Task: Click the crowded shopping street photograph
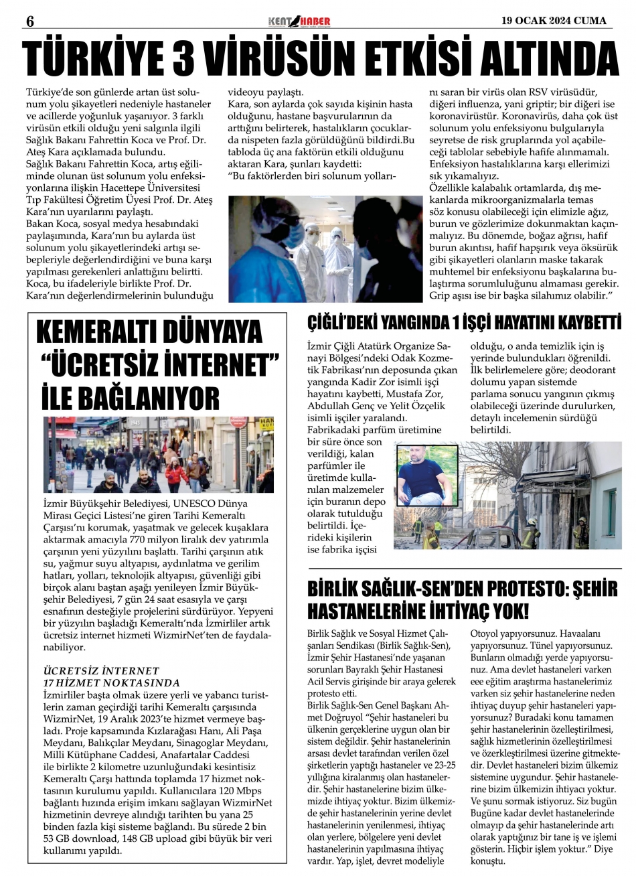click(159, 455)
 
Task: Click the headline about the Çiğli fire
click(464, 323)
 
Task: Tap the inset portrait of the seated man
click(426, 476)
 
